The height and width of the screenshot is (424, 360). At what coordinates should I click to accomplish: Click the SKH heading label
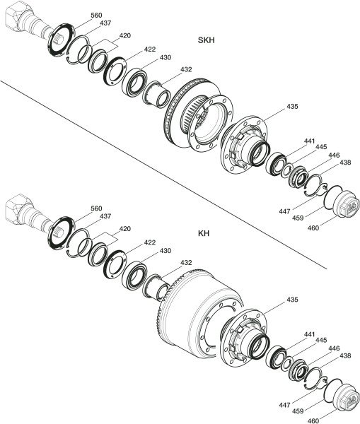207,40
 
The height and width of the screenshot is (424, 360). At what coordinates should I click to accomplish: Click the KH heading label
204,233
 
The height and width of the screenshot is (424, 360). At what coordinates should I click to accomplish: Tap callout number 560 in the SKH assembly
96,16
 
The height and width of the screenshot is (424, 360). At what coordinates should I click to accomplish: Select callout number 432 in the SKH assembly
186,69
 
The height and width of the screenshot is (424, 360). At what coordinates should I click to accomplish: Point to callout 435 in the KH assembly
292,300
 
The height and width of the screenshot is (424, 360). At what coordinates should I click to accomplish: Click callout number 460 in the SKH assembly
313,228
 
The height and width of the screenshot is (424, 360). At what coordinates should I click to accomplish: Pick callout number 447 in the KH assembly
285,405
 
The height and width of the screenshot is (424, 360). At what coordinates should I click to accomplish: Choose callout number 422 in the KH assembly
150,242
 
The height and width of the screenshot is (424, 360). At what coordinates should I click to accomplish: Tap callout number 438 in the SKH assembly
345,163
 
